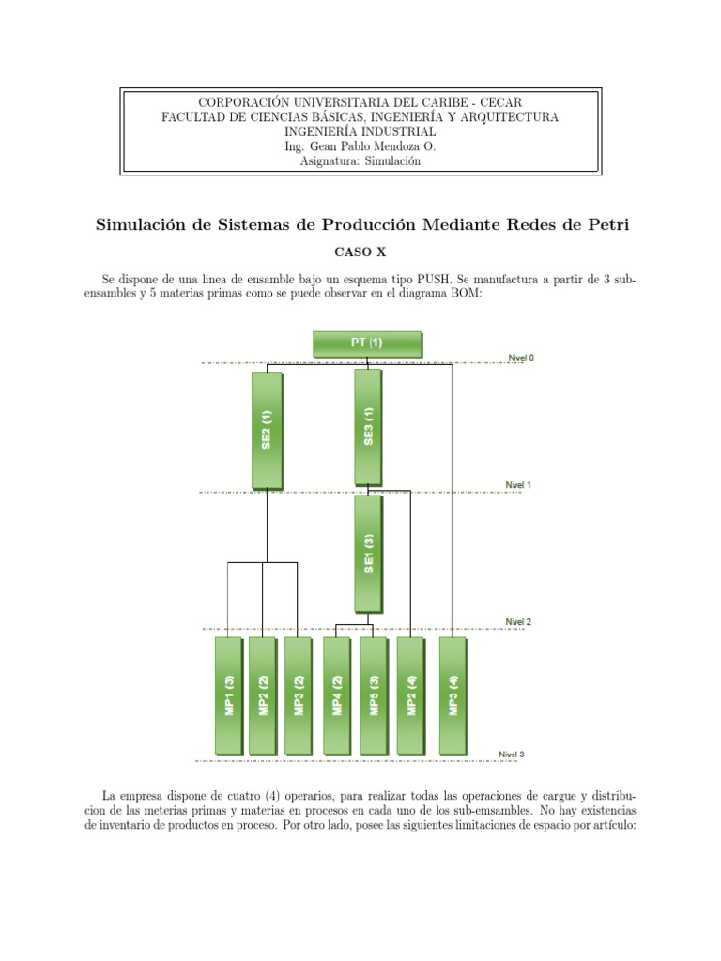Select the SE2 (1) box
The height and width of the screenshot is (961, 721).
[267, 430]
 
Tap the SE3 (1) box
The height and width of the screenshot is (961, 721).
[368, 428]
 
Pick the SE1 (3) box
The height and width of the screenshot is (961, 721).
[368, 554]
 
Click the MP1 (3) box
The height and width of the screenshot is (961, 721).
[228, 695]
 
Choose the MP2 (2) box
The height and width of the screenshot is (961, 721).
[263, 695]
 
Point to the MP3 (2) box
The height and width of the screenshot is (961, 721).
[298, 695]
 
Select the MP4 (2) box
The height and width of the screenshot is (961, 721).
[337, 695]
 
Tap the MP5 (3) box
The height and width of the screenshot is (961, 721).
[373, 695]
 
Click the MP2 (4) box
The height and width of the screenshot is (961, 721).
[410, 695]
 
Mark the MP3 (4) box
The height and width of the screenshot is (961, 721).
[453, 695]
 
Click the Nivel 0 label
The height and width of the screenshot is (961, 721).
[521, 358]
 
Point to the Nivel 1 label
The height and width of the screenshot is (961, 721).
[518, 485]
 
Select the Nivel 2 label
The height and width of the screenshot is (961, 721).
[518, 621]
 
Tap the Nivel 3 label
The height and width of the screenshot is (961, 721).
[513, 754]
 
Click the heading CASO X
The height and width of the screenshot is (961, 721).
[360, 252]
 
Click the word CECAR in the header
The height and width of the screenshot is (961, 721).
[500, 101]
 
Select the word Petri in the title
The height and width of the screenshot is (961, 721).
[601, 225]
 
